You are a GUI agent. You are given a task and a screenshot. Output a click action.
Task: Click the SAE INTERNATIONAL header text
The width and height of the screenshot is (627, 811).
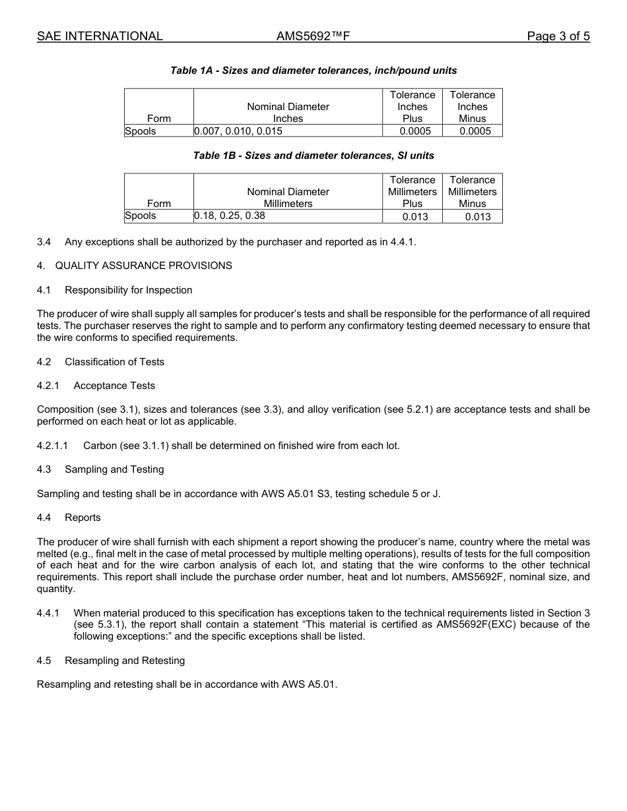coord(100,36)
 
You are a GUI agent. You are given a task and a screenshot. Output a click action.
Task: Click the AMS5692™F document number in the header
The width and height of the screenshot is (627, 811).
coord(313,36)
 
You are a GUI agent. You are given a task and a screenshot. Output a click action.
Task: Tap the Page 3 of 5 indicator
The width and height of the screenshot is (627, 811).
coord(558,36)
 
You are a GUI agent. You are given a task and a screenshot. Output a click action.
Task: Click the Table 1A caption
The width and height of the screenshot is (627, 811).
coord(313,71)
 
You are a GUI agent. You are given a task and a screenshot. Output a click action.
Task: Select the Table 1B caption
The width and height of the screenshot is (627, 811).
coord(313,156)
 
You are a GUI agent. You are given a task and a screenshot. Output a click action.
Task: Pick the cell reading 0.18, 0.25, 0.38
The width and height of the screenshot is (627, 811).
coord(230,216)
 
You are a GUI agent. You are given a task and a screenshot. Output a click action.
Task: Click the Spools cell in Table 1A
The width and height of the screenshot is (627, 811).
coord(141,131)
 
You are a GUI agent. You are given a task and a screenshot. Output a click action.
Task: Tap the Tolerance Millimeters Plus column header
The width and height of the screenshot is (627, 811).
coord(412,192)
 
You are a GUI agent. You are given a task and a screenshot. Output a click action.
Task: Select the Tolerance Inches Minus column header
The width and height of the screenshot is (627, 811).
coord(472,107)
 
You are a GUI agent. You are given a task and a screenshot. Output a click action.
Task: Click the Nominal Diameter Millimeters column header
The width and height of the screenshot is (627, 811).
coord(288,198)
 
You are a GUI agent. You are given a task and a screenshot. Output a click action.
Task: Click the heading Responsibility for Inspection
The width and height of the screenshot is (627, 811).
coord(129,290)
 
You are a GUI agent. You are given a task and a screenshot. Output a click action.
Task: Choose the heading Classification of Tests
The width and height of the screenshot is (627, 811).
coord(114,362)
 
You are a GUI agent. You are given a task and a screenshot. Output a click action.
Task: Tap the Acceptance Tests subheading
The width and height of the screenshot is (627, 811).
coord(114,386)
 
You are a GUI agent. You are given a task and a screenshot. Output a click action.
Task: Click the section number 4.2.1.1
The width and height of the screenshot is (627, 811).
coord(52,446)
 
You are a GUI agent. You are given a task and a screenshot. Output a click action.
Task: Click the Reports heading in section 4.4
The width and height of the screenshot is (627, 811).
coord(82,518)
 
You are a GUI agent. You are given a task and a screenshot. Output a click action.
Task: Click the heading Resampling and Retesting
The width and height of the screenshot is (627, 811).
coord(125,661)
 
